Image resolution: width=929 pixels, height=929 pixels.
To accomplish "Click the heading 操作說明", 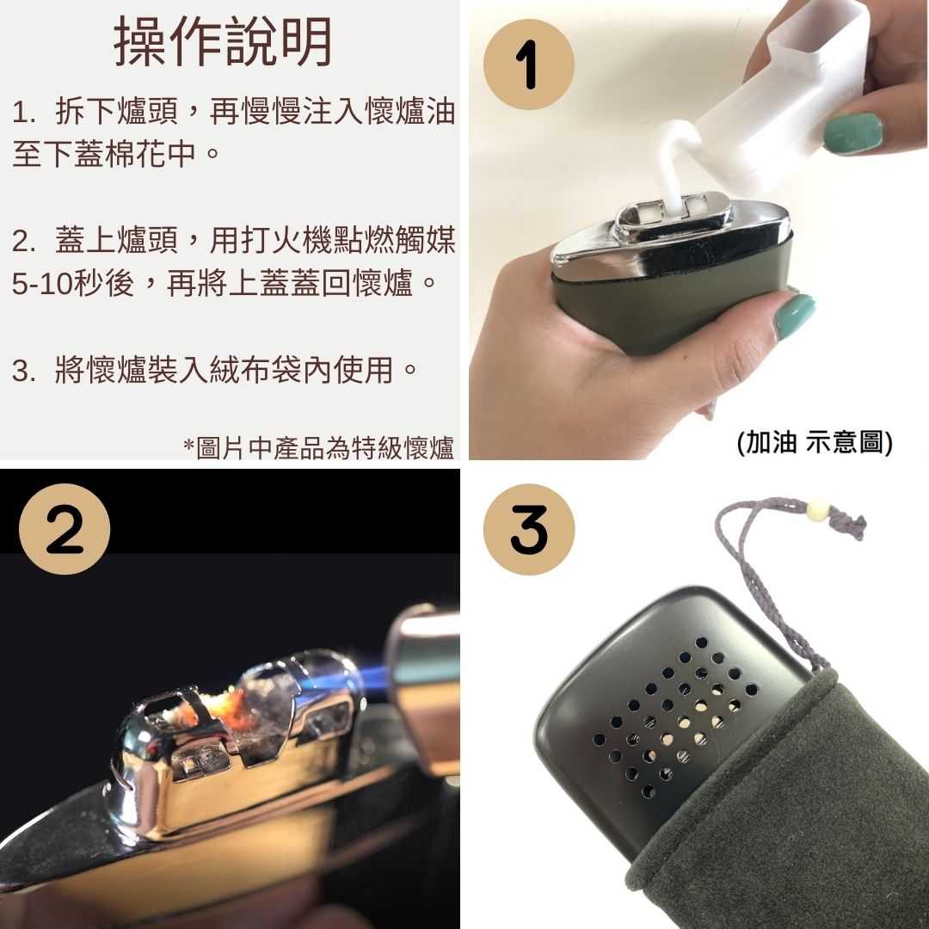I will click(x=224, y=43).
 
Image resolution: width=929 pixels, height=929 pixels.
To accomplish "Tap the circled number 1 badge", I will click(x=528, y=65).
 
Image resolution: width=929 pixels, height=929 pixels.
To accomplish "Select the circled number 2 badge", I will click(x=65, y=530).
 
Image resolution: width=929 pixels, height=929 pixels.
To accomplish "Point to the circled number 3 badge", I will click(x=528, y=530).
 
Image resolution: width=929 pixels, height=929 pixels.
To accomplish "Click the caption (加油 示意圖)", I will click(x=815, y=443).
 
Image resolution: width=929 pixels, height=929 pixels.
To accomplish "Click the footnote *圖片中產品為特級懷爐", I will click(x=318, y=447).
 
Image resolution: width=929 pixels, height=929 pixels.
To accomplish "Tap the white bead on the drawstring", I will click(x=815, y=514).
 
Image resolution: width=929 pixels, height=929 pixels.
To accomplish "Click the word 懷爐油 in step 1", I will click(x=409, y=112).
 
